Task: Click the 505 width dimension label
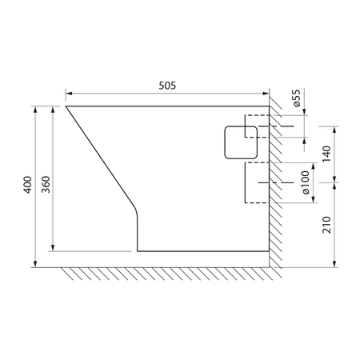click(x=167, y=86)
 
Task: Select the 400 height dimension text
click(x=27, y=185)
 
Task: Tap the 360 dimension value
click(x=46, y=185)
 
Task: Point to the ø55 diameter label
click(x=297, y=98)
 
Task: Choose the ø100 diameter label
click(x=306, y=182)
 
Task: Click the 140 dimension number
click(x=326, y=154)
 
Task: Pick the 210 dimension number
click(x=326, y=225)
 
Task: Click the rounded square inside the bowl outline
click(x=241, y=142)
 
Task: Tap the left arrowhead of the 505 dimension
click(x=69, y=94)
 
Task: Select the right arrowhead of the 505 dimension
click(x=266, y=94)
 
